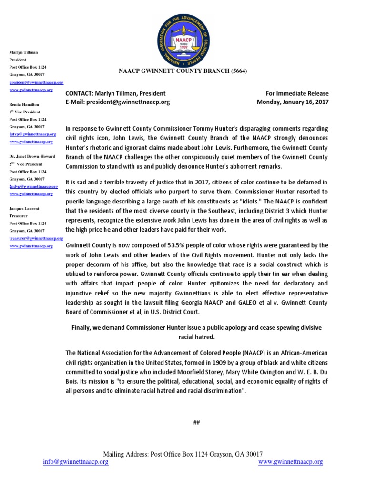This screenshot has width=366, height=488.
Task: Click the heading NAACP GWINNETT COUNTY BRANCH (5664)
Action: (x=183, y=71)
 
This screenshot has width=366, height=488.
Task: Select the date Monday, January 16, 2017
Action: (x=293, y=102)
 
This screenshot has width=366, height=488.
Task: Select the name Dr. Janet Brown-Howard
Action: (x=32, y=156)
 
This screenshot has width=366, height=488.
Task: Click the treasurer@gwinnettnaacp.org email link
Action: (x=36, y=238)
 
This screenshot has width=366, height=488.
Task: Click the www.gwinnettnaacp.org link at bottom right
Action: (x=290, y=462)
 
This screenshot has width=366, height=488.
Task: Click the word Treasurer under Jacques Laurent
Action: (x=19, y=216)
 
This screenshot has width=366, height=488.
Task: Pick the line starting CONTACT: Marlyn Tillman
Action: (x=116, y=94)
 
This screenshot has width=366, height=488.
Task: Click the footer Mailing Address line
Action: (x=183, y=454)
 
